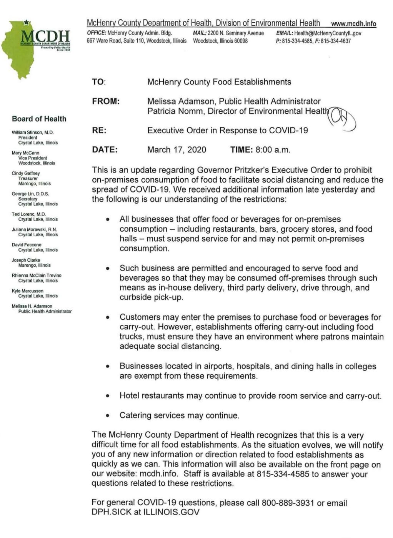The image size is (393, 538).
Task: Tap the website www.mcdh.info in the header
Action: [x=353, y=23]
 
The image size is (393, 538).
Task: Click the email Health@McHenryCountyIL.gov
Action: [x=328, y=33]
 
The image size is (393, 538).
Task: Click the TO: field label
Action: [x=98, y=82]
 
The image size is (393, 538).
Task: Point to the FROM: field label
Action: [x=106, y=101]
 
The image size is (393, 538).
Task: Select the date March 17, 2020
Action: [x=177, y=149]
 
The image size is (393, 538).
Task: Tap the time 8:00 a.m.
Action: [x=273, y=149]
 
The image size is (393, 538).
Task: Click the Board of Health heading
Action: [x=39, y=119]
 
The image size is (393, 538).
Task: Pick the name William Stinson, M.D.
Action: [x=33, y=132]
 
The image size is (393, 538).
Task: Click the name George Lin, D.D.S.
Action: [x=30, y=194]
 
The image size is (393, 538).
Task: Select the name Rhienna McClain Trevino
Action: [x=37, y=275]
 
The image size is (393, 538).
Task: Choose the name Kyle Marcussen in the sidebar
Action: [x=27, y=291]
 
